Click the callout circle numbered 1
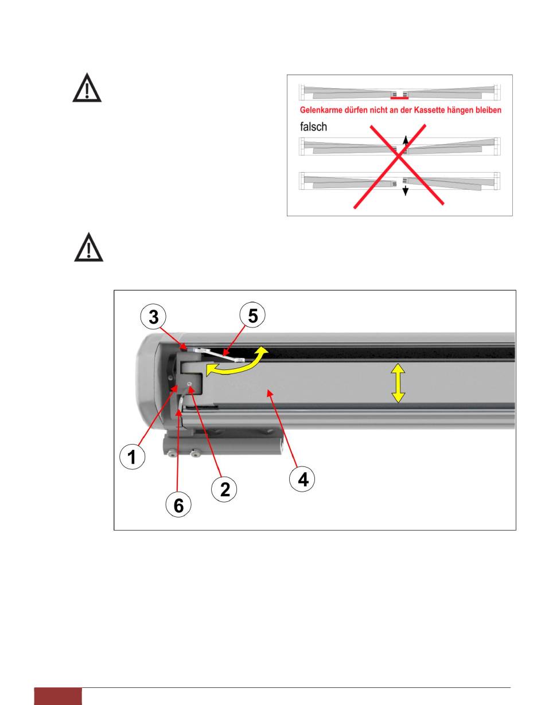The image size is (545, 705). point(131,458)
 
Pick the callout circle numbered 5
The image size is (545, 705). point(252,316)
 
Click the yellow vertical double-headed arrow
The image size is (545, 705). point(398,385)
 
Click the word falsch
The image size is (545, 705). point(313,127)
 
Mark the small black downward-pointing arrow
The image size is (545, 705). point(404,190)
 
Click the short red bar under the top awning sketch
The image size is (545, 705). point(399,99)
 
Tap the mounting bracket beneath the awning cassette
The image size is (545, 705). point(224,445)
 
